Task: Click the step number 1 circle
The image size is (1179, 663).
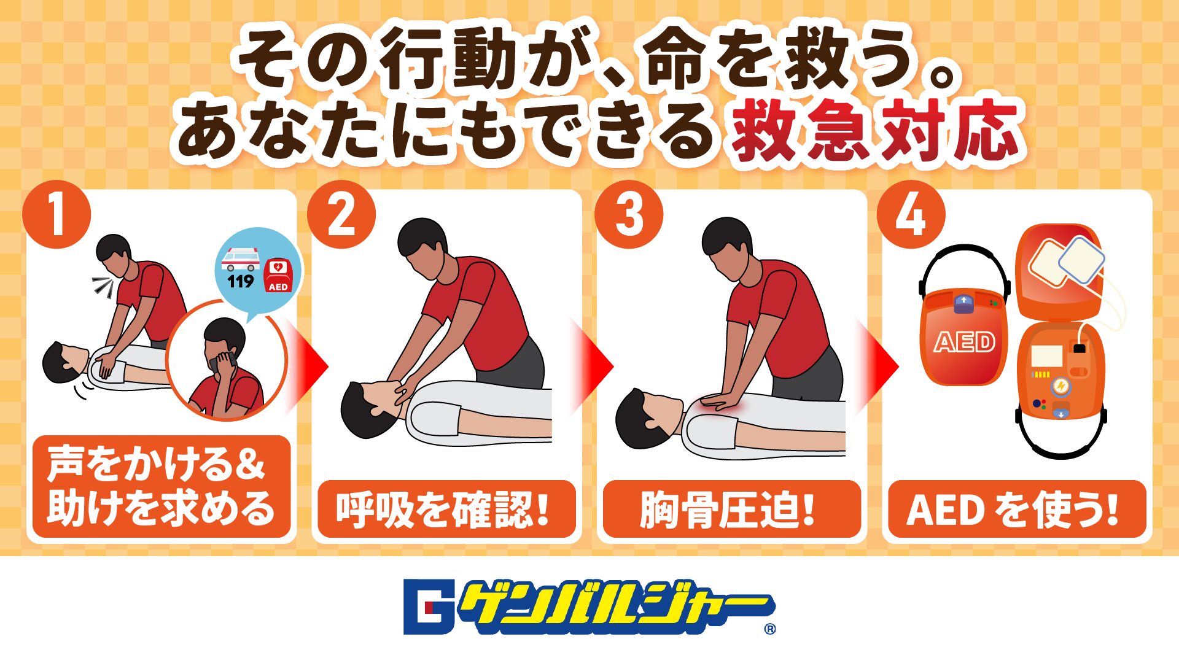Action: (56, 214)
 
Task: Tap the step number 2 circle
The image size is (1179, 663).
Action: (341, 214)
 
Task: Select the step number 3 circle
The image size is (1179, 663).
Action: (629, 214)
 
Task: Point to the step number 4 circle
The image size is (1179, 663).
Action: (911, 214)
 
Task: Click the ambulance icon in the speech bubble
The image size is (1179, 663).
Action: (241, 258)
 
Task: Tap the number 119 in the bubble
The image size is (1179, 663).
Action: (241, 281)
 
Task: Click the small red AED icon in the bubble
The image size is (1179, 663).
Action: (278, 275)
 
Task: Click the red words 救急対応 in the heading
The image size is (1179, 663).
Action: (874, 132)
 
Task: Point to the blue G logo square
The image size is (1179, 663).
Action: (429, 607)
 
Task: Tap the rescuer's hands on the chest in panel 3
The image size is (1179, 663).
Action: (725, 402)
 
